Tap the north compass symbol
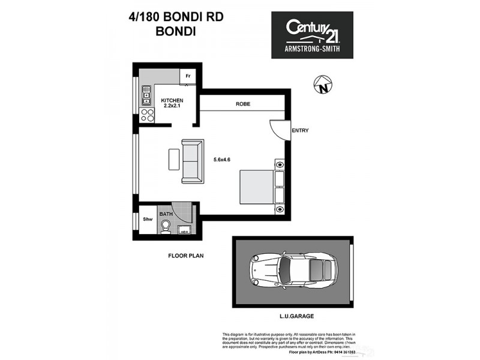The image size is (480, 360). [322, 85]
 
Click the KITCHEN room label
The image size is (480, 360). [172, 100]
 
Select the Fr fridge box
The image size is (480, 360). [188, 76]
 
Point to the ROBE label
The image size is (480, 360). [242, 104]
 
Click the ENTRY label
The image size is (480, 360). [300, 130]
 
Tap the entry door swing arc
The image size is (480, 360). [277, 128]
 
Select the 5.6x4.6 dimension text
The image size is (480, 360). [222, 160]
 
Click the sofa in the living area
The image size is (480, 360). [193, 160]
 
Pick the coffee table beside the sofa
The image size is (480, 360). [174, 159]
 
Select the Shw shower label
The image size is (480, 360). [147, 220]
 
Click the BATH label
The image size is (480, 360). [166, 213]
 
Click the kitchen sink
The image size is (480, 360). [146, 94]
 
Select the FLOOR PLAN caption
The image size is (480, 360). [185, 256]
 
